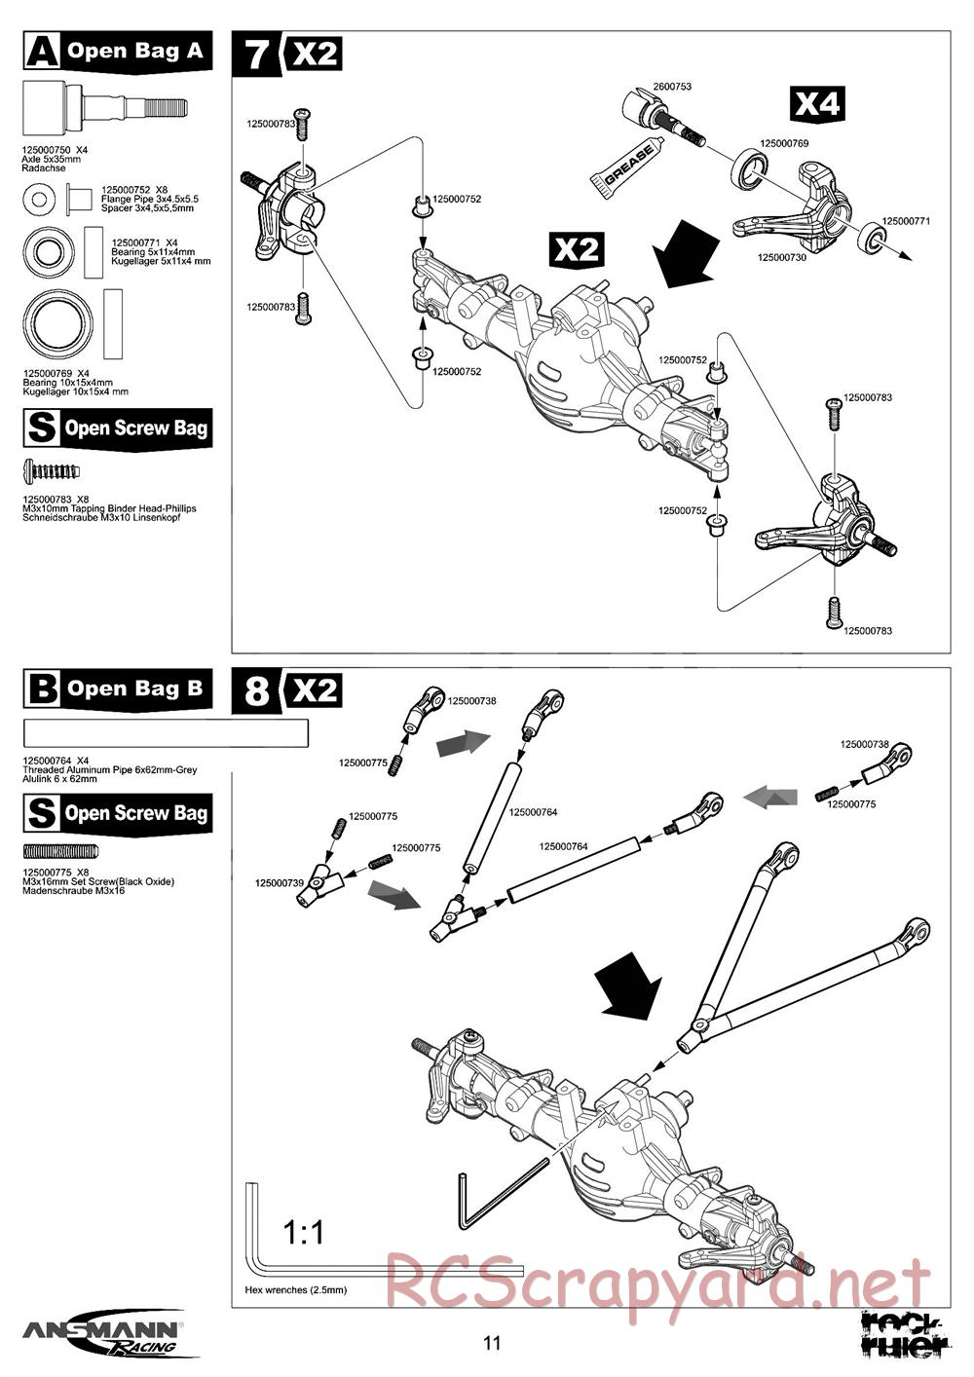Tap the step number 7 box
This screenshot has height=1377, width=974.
[x=256, y=54]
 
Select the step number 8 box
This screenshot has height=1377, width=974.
[x=256, y=690]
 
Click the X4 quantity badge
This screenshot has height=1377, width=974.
[x=816, y=103]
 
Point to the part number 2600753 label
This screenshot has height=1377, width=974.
[x=672, y=87]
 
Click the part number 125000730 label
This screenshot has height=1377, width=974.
[x=781, y=257]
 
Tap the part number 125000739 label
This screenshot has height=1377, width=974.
[x=280, y=882]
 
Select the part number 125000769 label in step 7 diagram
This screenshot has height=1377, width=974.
[x=784, y=143]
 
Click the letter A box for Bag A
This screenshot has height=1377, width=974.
[x=42, y=52]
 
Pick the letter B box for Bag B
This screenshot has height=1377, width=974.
[x=42, y=689]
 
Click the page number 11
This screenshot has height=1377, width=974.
[x=491, y=1343]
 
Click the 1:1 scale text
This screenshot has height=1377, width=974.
[x=304, y=1233]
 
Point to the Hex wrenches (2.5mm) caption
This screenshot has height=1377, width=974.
[x=296, y=1289]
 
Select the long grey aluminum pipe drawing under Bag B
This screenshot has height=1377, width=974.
[x=166, y=733]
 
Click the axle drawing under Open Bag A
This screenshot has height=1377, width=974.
[x=103, y=105]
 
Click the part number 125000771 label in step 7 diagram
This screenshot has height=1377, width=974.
[x=906, y=221]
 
